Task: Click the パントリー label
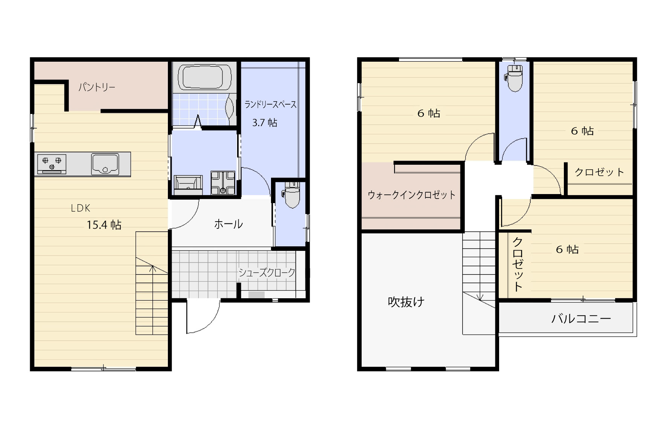click(97, 88)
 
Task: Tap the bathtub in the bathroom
click(205, 77)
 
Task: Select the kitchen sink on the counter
click(105, 164)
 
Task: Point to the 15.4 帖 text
click(104, 225)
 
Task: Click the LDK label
click(81, 208)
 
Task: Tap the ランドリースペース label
click(270, 104)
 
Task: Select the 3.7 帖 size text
click(265, 123)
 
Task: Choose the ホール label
click(228, 224)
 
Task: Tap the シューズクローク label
click(267, 273)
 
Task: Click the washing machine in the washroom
click(223, 183)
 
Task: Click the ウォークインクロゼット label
click(411, 195)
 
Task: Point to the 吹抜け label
click(406, 302)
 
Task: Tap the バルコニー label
click(581, 319)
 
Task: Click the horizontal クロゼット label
click(599, 172)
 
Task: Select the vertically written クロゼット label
click(518, 264)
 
